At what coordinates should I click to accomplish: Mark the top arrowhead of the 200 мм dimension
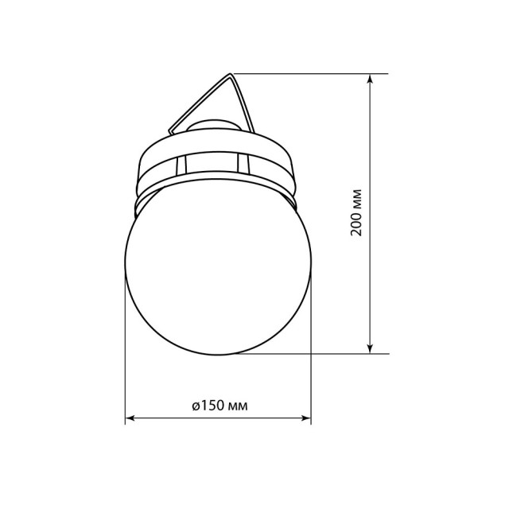tap(371, 80)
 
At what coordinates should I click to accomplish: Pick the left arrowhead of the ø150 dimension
tap(132, 418)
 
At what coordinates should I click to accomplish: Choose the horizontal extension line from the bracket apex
tap(310, 74)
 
